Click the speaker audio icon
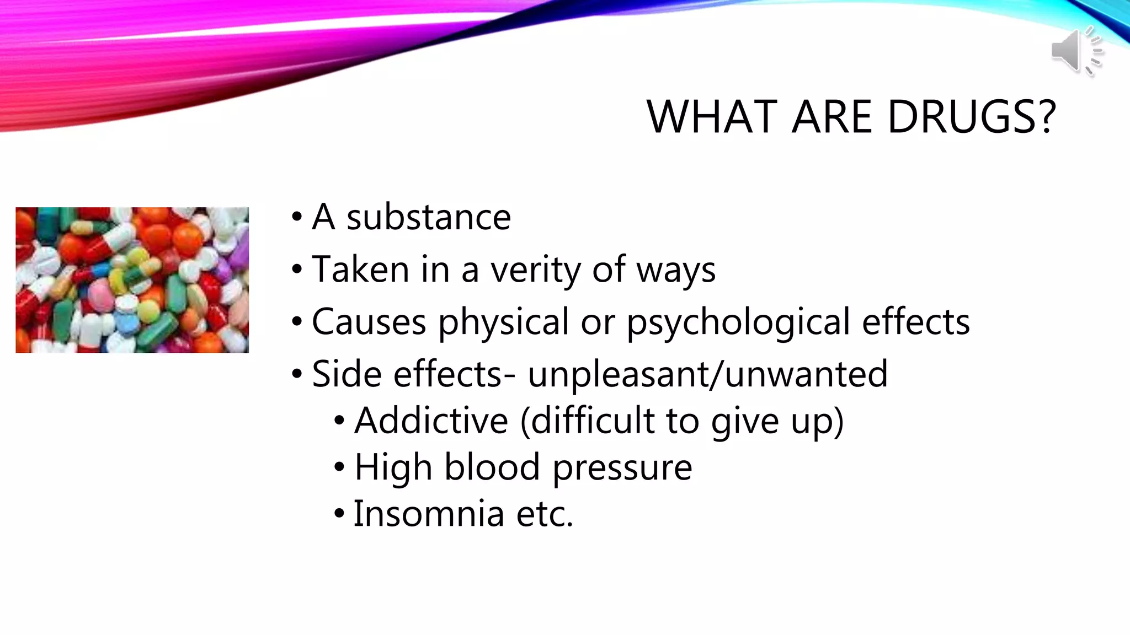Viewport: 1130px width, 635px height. coord(1076,51)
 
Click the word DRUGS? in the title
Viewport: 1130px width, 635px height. coord(972,117)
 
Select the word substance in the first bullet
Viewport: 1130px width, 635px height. coord(429,217)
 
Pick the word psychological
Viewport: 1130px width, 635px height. coord(738,322)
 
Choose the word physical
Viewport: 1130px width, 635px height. coord(503,322)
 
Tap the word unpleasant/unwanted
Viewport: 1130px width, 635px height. coord(707,374)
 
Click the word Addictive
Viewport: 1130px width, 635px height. coord(431,421)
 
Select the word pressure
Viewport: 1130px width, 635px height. coord(622,467)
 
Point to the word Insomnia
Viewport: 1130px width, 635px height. coord(429,514)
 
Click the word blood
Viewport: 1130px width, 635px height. coord(492,467)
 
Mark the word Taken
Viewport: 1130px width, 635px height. coord(360,270)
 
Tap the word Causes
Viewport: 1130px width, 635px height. coord(369,322)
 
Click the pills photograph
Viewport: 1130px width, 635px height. coord(132,280)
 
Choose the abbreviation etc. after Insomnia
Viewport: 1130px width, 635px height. coord(545,514)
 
